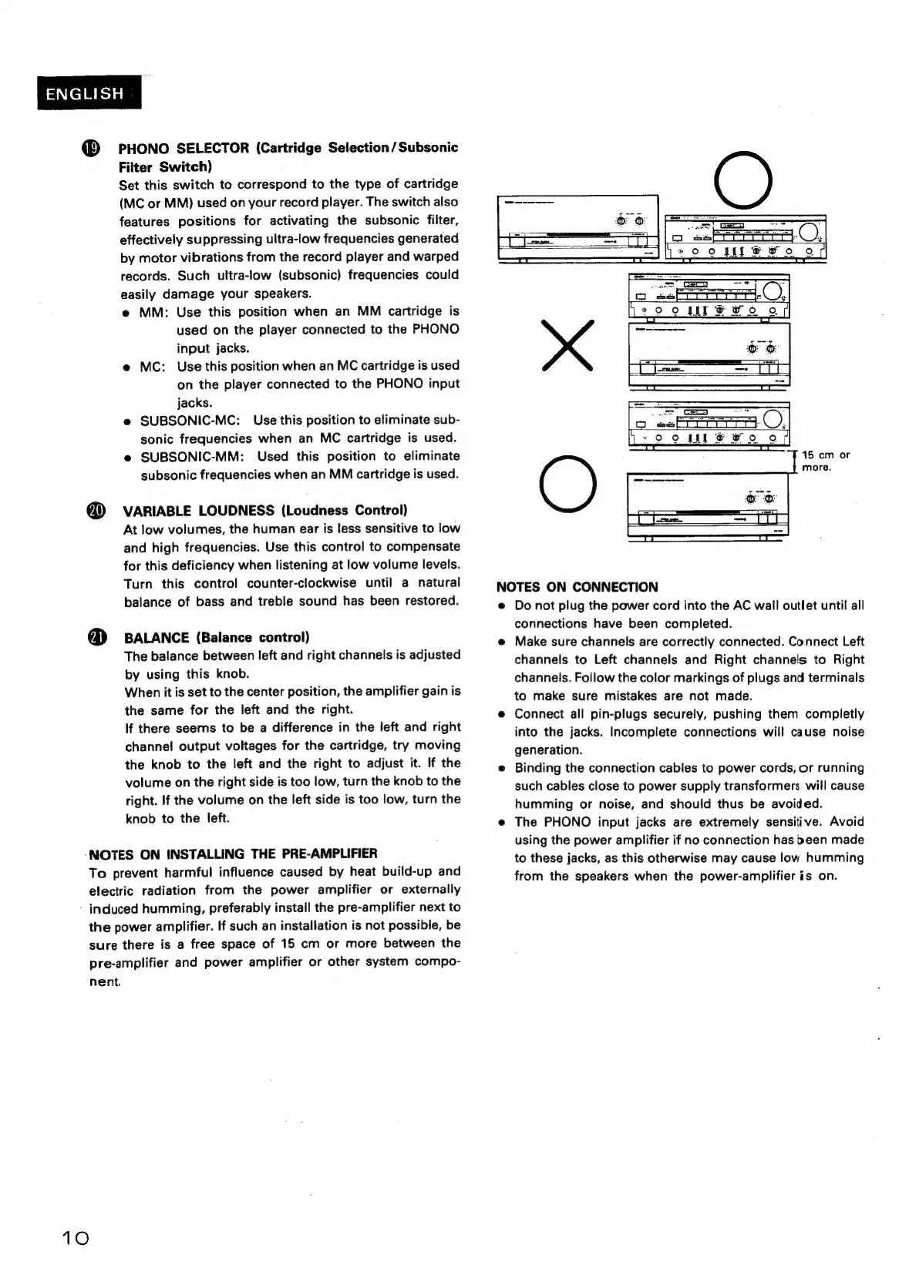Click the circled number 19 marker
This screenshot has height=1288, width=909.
(91, 149)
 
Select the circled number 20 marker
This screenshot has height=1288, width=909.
(95, 511)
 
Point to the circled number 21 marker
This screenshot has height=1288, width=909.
(96, 637)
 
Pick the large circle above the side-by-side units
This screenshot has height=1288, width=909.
(742, 180)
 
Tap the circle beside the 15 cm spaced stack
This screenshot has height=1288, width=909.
(568, 484)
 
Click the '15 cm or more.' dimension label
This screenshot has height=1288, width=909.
(826, 461)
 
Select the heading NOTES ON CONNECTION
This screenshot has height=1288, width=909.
(577, 587)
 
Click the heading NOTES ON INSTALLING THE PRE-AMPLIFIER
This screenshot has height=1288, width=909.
(234, 854)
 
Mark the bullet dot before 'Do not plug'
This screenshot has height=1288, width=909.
(501, 606)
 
